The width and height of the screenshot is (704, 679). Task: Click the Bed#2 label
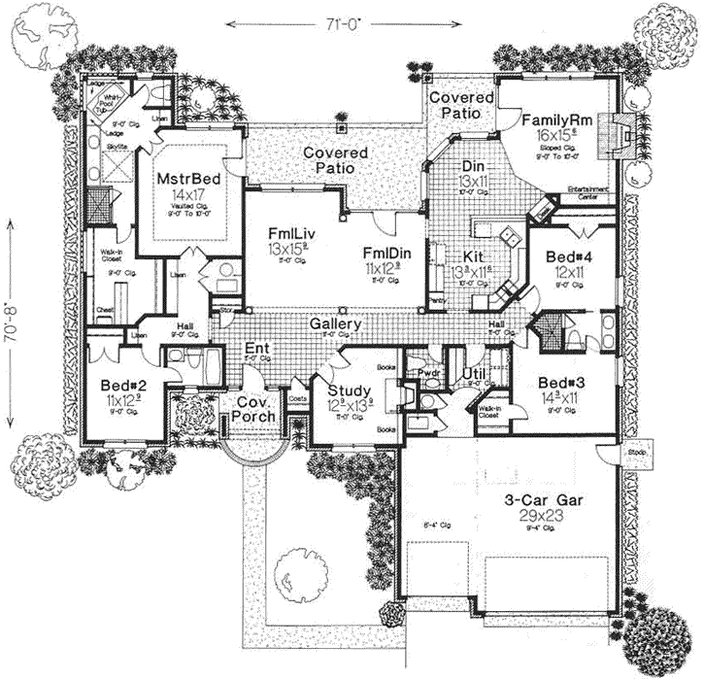coord(122,385)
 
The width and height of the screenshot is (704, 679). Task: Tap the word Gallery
coord(336,324)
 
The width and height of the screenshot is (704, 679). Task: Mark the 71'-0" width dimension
coord(347,21)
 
